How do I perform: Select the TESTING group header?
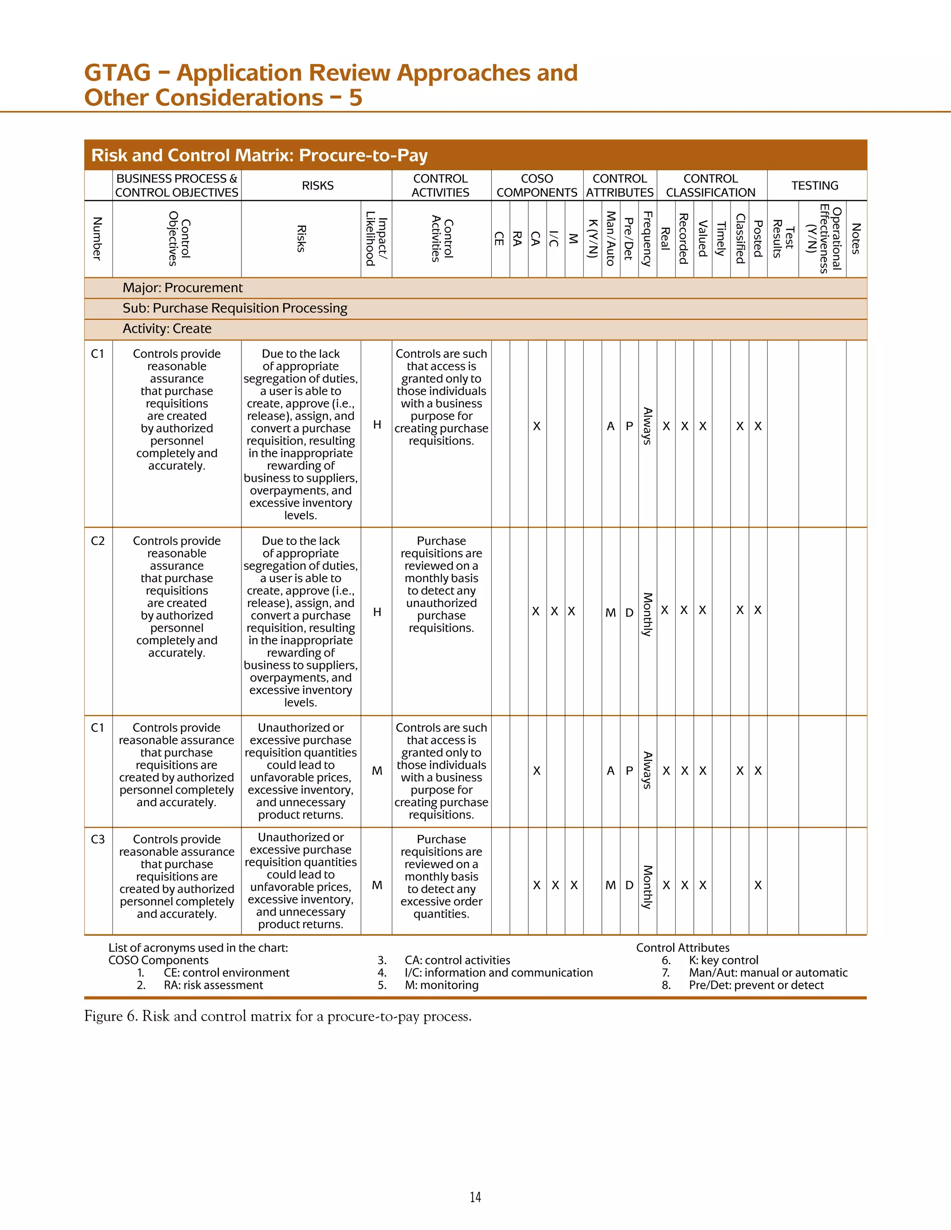(x=814, y=186)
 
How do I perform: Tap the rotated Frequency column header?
(x=647, y=238)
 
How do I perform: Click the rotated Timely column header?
(x=721, y=239)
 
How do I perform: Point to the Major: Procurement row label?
(x=182, y=288)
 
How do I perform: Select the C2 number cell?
(x=98, y=541)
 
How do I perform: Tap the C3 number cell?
(x=98, y=839)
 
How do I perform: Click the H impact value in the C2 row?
(x=377, y=612)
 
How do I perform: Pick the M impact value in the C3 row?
(x=377, y=885)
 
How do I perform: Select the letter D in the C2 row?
(x=629, y=612)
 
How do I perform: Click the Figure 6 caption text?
(x=278, y=1016)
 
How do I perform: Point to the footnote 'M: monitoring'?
(x=441, y=985)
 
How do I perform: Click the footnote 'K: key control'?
(x=723, y=960)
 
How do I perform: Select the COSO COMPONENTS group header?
(x=536, y=186)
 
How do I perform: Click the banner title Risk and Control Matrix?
(x=259, y=155)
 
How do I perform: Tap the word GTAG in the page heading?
(x=117, y=73)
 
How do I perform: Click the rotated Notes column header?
(x=856, y=239)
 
